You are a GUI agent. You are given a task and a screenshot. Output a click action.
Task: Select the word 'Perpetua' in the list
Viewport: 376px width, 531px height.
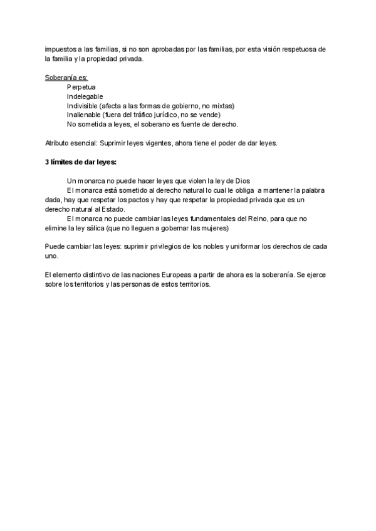pos(81,87)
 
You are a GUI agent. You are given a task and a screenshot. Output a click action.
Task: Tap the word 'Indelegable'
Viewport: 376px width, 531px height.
pos(85,96)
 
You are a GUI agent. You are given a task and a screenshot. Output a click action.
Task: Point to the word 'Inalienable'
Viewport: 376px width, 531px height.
pos(85,115)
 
